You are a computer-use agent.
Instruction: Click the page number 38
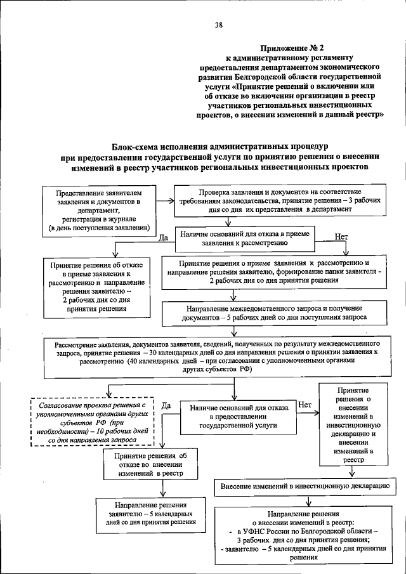218,25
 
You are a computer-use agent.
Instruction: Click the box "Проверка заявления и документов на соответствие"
279,200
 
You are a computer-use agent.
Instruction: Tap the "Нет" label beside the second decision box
304,405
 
